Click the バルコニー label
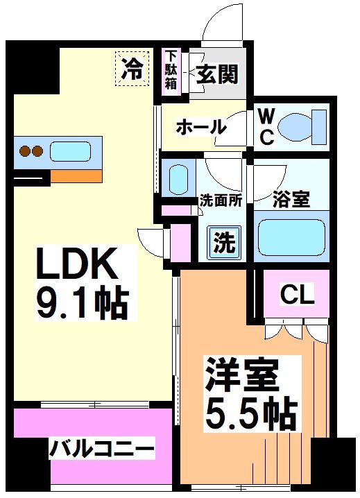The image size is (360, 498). (101, 449)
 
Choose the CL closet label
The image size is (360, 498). (297, 295)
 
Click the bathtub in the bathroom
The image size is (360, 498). (289, 238)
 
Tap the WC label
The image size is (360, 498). (266, 127)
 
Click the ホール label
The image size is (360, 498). (200, 128)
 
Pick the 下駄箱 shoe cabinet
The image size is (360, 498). (171, 69)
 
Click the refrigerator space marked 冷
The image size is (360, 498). (132, 68)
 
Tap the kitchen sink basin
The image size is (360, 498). (74, 151)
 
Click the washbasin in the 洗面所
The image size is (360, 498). (178, 179)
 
